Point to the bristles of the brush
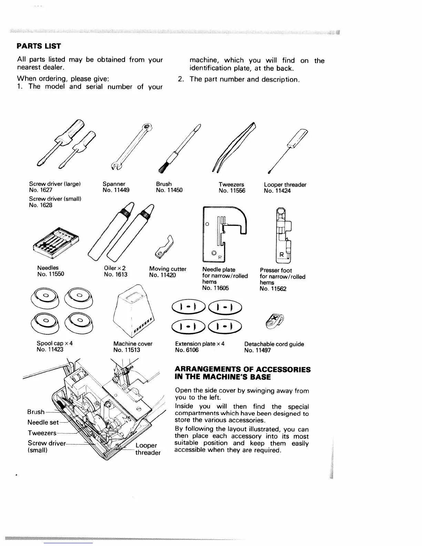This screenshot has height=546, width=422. coord(162,167)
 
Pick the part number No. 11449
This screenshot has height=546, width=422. coord(116,190)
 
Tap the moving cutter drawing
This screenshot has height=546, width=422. coord(164,246)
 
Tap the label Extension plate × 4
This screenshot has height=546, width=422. coord(200,344)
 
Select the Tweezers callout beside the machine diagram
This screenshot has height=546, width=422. coord(42,433)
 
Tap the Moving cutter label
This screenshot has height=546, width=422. coord(168,269)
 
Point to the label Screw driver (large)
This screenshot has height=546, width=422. coord(55,184)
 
